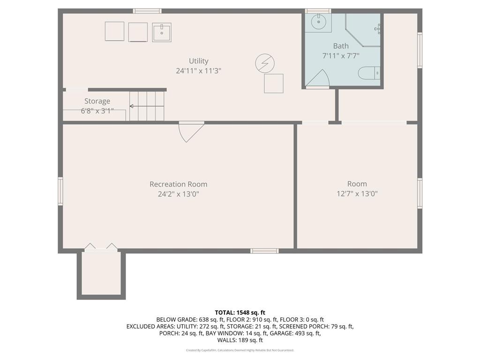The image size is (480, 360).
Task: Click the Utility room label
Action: pyautogui.click(x=198, y=61)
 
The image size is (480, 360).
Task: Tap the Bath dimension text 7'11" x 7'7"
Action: pyautogui.click(x=341, y=55)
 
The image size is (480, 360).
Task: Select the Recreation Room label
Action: pyautogui.click(x=178, y=184)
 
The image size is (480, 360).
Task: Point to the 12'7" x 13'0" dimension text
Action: pyautogui.click(x=357, y=193)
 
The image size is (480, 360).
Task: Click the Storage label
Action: pyautogui.click(x=97, y=101)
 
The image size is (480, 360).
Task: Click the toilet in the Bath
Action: pyautogui.click(x=368, y=73)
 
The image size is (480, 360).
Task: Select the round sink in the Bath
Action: pyautogui.click(x=318, y=21)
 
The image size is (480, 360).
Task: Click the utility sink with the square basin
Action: pyautogui.click(x=162, y=32)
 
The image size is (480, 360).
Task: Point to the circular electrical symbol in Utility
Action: pyautogui.click(x=264, y=63)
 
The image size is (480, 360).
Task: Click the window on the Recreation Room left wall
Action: pyautogui.click(x=60, y=191)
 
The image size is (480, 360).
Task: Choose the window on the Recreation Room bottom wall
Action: pyautogui.click(x=264, y=251)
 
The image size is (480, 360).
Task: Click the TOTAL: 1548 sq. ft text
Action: pyautogui.click(x=240, y=312)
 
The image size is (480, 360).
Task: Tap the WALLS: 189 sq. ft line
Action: pyautogui.click(x=240, y=340)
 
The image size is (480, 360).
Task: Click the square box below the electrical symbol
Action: pyautogui.click(x=274, y=83)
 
